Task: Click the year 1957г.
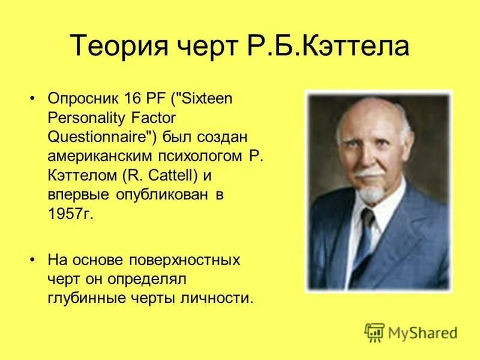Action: [71, 214]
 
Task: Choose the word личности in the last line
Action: [222, 298]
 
